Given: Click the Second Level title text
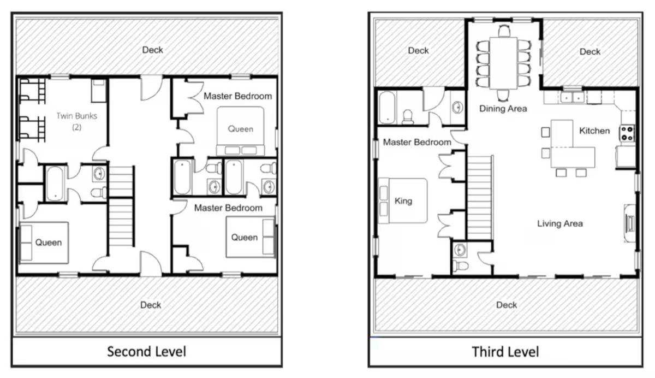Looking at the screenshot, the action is click(x=146, y=351).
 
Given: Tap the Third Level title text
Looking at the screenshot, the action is click(x=505, y=352).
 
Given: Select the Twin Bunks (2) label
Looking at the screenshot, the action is click(x=76, y=121).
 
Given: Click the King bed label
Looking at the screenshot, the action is click(x=403, y=201).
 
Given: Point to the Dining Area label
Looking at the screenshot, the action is click(x=503, y=109).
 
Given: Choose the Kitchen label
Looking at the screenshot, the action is click(x=594, y=131).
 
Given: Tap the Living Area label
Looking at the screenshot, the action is click(x=559, y=224).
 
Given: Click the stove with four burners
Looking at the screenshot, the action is click(x=627, y=133).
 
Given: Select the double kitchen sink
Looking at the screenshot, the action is click(x=572, y=97).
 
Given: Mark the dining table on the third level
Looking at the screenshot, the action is click(x=503, y=63).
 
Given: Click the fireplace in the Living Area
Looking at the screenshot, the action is click(x=629, y=223).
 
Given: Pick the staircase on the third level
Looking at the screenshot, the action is click(x=480, y=198).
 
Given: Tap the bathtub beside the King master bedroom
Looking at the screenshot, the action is click(x=387, y=108).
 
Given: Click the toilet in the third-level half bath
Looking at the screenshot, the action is click(x=460, y=265).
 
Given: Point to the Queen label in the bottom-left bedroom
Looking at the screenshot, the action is click(x=48, y=243).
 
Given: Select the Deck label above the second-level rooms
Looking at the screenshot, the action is click(x=152, y=50).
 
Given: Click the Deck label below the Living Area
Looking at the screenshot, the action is click(x=507, y=305).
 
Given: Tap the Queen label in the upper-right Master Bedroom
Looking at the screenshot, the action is click(x=240, y=129).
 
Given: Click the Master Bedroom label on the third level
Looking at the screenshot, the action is click(x=417, y=143).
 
